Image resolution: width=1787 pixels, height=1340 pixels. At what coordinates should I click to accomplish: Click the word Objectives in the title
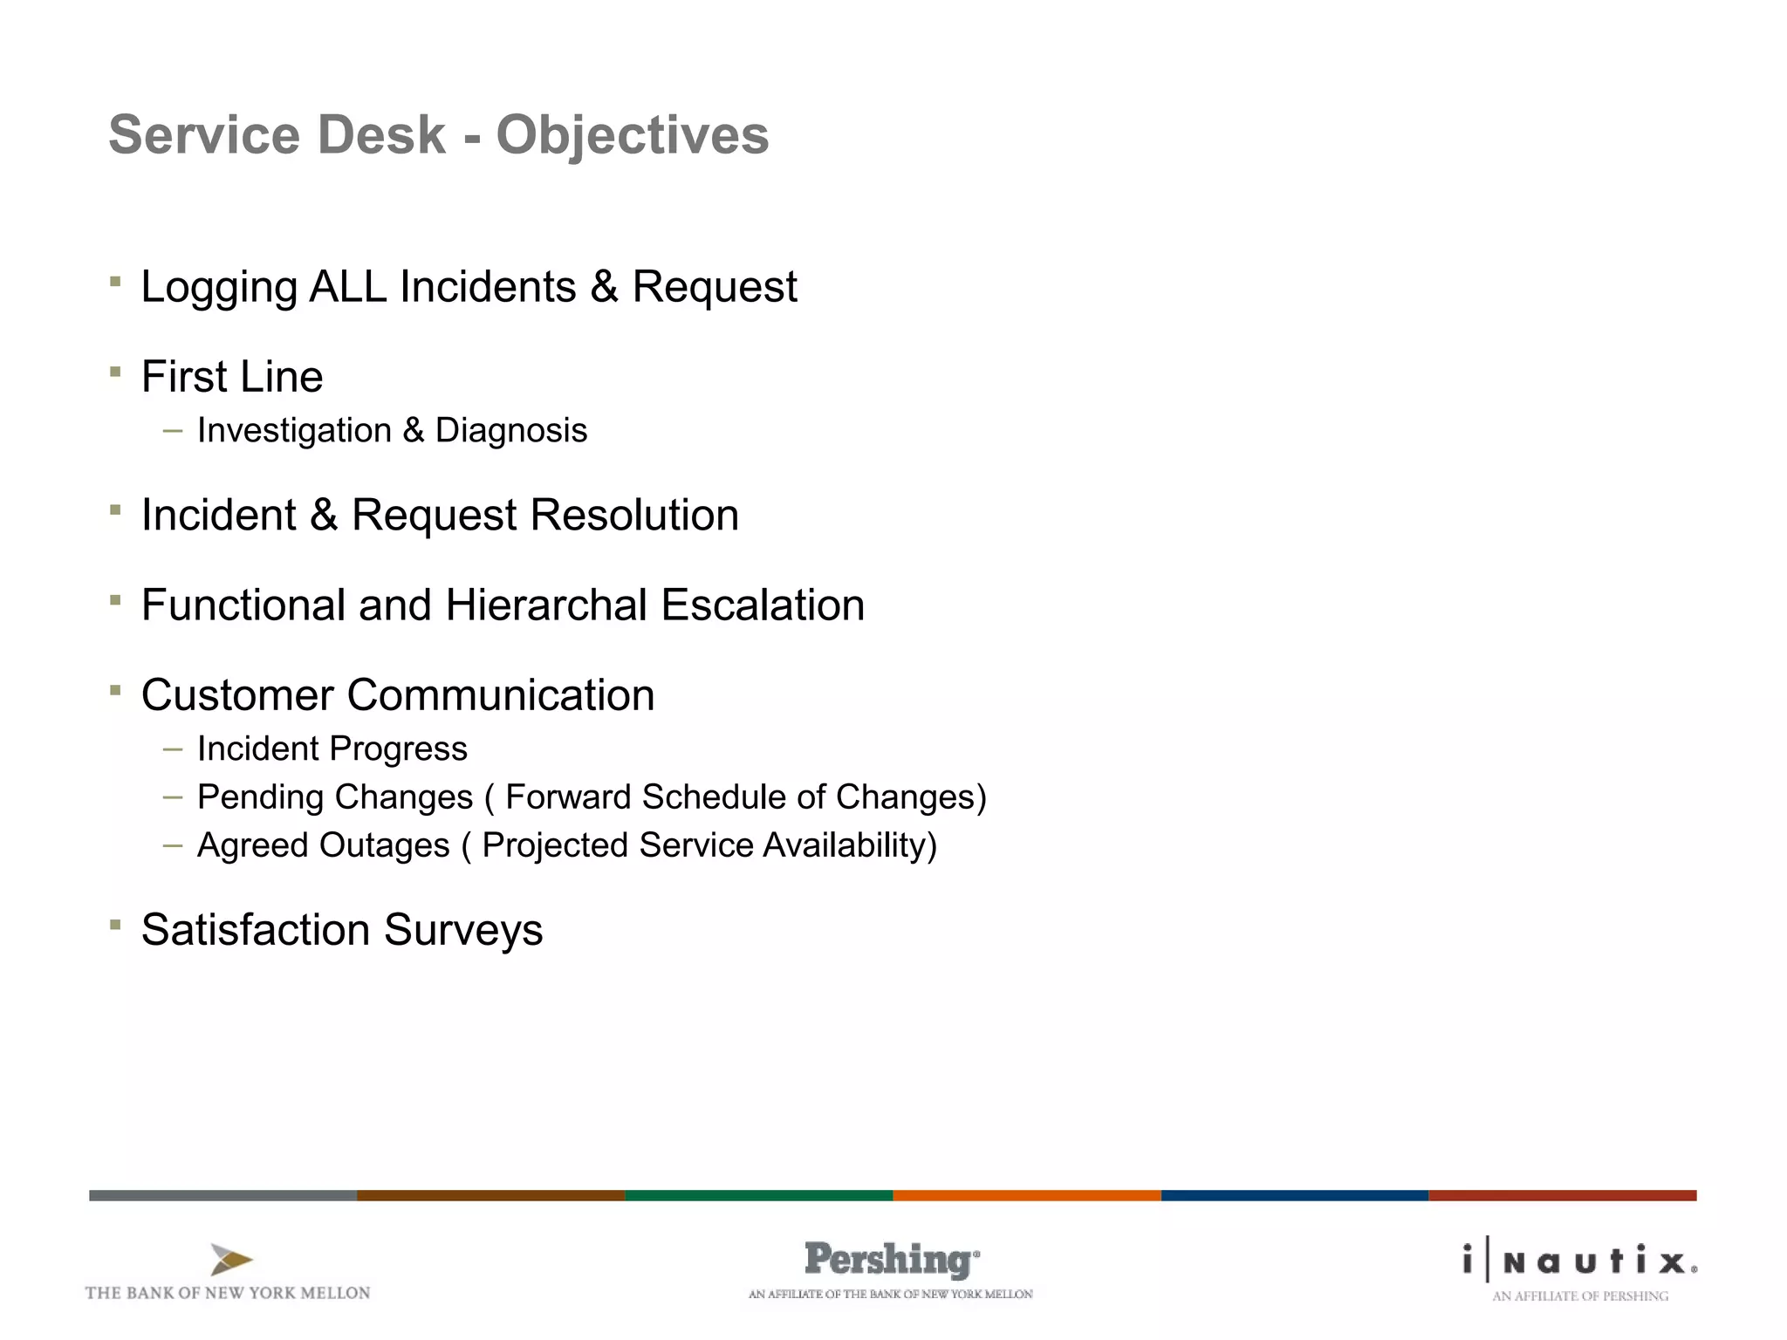632,136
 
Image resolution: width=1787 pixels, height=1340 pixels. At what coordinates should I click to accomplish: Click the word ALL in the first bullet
348,287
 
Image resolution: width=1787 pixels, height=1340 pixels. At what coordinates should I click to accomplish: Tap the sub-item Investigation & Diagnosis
392,431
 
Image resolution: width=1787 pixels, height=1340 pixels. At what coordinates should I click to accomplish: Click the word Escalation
763,605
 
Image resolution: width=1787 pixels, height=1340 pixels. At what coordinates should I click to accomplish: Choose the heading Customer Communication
398,695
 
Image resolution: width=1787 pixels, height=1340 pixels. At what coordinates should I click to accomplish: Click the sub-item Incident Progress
332,749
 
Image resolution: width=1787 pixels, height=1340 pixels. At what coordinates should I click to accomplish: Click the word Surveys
462,930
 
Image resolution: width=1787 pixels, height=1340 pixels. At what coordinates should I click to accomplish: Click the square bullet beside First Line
115,373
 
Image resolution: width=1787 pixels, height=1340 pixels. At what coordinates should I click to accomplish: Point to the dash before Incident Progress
173,749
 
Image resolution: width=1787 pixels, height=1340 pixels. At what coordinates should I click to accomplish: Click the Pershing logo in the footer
890,1260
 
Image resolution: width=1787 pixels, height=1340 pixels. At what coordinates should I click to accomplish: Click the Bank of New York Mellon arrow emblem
231,1260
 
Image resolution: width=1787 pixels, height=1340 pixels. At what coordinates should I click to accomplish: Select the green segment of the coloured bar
758,1195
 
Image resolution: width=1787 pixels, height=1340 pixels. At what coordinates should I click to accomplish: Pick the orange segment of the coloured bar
1026,1195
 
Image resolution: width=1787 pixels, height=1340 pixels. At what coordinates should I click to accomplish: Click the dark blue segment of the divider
1294,1195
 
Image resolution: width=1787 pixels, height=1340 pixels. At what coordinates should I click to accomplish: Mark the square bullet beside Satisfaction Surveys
115,925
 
